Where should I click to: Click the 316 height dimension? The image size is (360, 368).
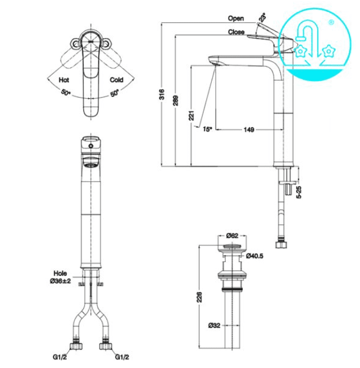[162, 94]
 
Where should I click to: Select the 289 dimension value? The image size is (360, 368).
[176, 100]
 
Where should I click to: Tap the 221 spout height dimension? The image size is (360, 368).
[192, 116]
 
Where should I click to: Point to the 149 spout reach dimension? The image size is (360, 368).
[249, 130]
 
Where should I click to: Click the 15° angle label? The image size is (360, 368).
[207, 129]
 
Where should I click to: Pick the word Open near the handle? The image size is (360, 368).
[236, 19]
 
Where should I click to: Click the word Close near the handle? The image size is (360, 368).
[236, 32]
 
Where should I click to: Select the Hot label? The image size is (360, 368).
[64, 80]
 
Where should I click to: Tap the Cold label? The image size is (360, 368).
[117, 80]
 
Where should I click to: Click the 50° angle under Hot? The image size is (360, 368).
[66, 92]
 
